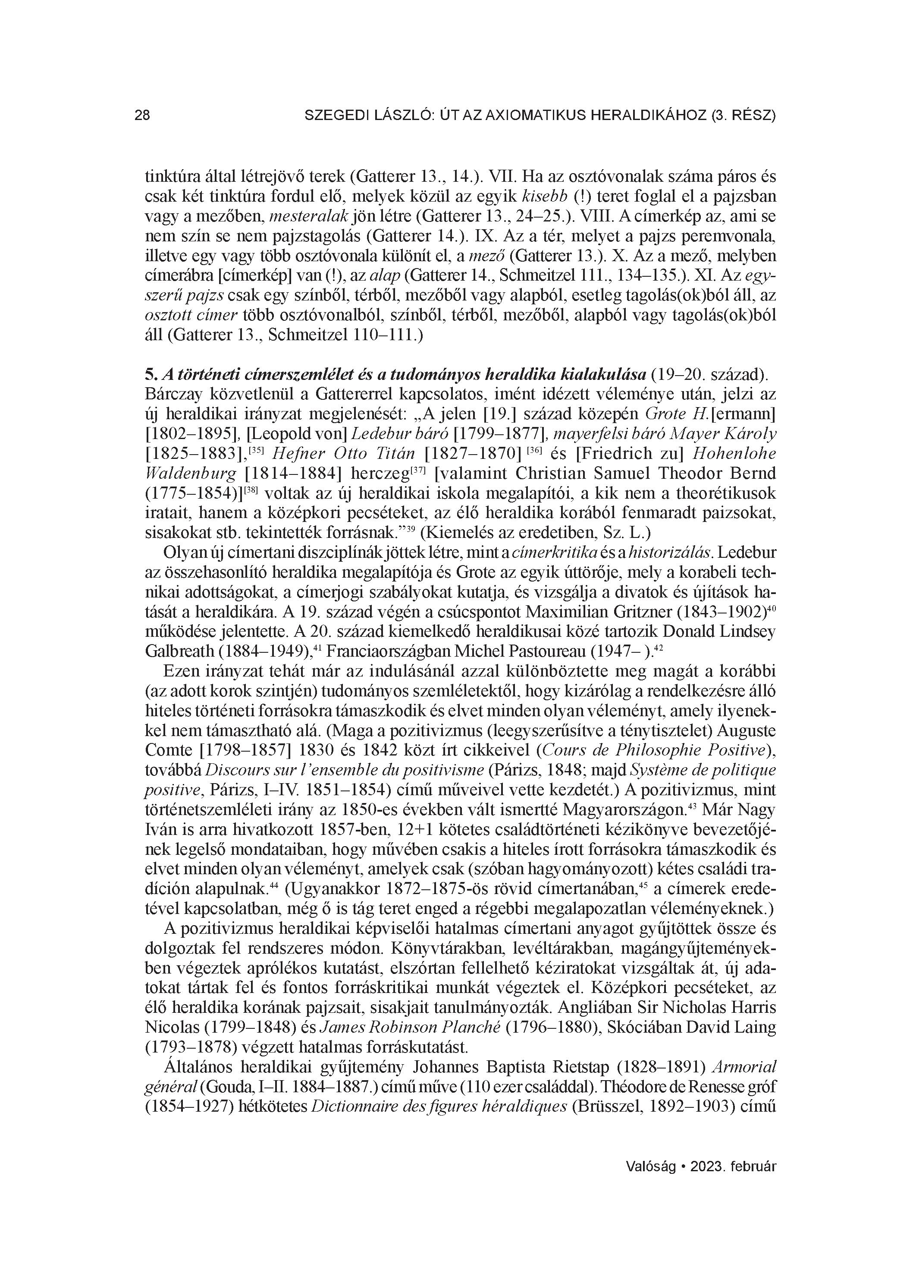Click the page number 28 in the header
142,116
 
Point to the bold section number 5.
150,374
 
